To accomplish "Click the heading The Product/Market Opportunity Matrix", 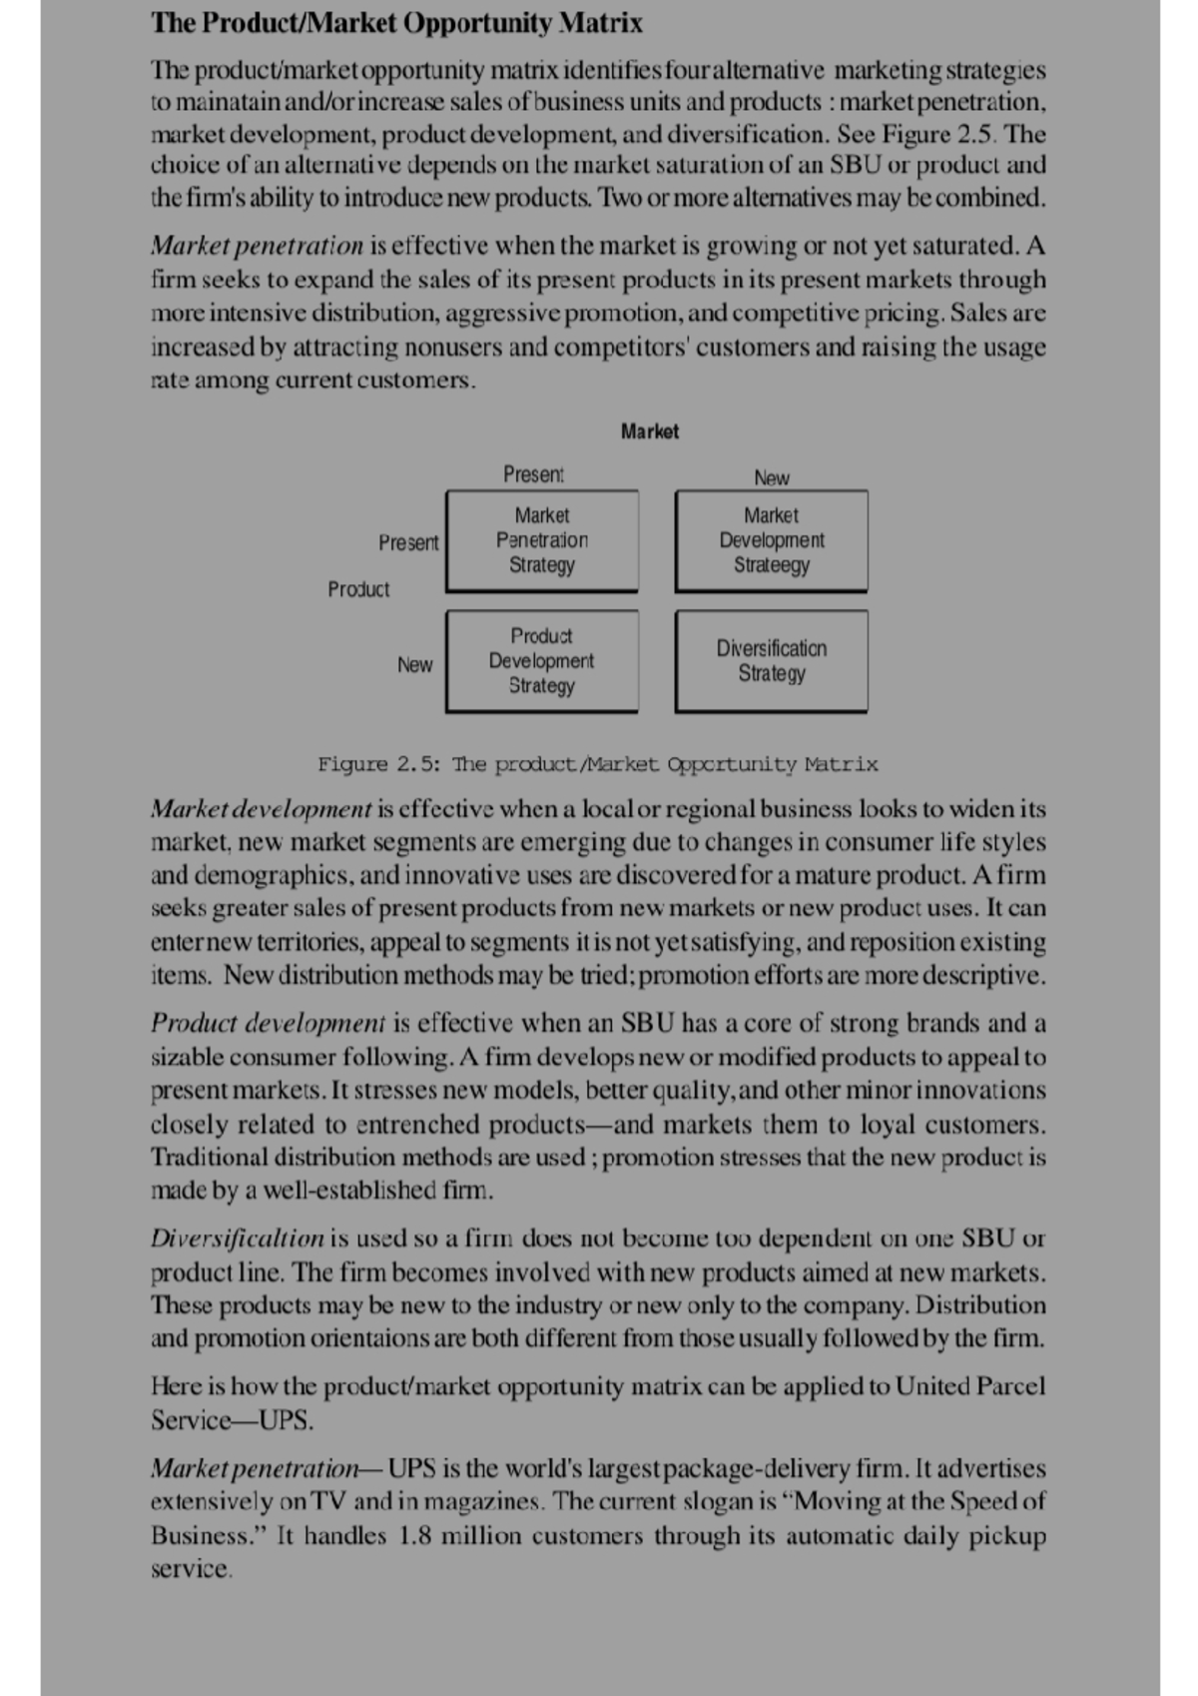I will tap(396, 23).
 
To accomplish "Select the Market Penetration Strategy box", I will tap(541, 540).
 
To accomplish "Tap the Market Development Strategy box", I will tap(771, 540).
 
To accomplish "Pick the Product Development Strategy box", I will tap(541, 661).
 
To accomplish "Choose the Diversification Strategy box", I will tap(771, 661).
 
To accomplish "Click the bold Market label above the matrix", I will tap(649, 431).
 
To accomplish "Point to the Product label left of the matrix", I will tap(358, 589).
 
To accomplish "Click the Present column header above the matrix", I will tap(533, 474).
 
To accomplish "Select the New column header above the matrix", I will tap(771, 477).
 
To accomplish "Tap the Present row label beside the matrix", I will tap(408, 542).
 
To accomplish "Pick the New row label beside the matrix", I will tap(414, 664).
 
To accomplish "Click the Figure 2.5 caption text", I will tap(597, 764).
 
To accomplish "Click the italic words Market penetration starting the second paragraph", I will tap(258, 246).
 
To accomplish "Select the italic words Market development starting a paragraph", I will tap(261, 808).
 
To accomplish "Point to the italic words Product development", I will tap(268, 1023).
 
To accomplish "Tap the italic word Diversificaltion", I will tap(238, 1239).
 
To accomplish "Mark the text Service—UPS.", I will tap(232, 1419).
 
